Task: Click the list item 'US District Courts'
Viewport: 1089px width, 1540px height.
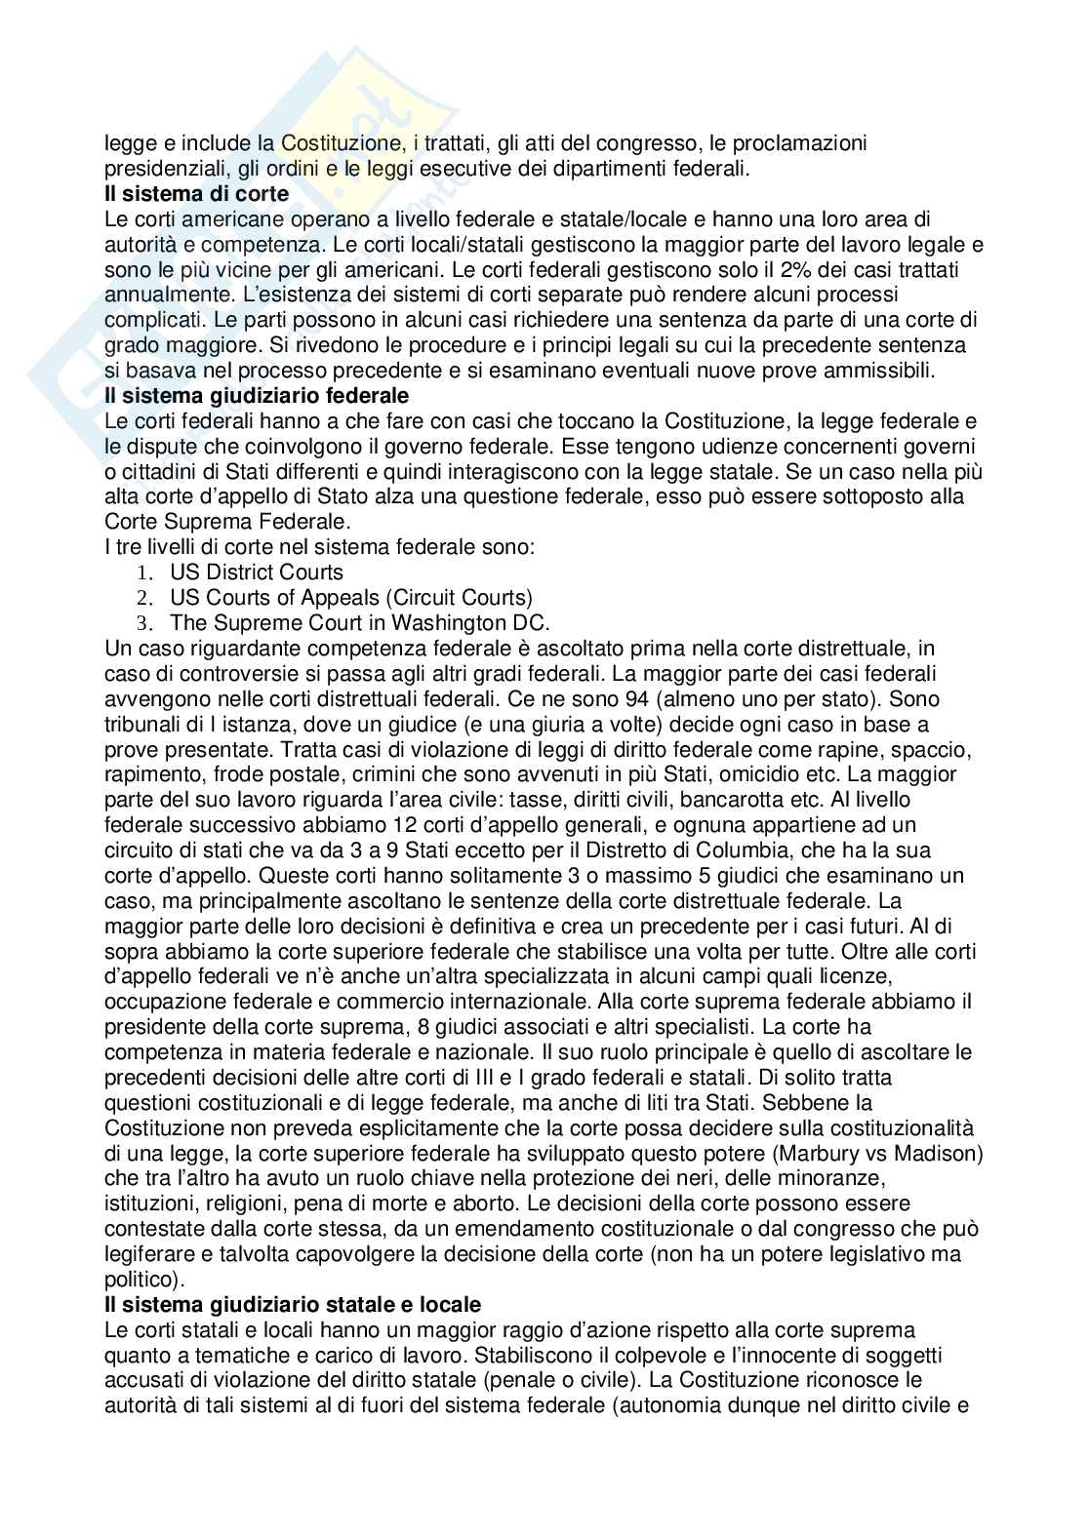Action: [x=257, y=573]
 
